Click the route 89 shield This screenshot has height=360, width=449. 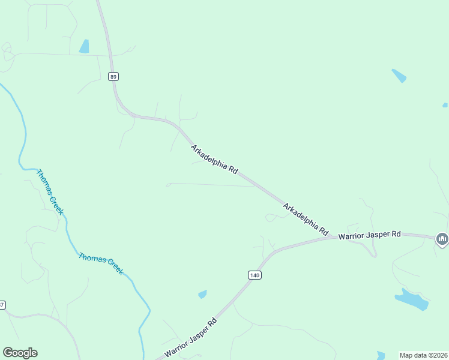tap(114, 76)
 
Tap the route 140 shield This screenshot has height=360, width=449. tap(255, 275)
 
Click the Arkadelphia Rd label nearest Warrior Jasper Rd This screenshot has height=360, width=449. tap(306, 220)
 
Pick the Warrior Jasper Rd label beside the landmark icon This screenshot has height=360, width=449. tap(369, 235)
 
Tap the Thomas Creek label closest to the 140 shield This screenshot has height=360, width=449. tap(101, 263)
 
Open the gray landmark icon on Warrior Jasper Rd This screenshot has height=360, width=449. tap(442, 239)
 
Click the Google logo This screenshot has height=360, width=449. tap(20, 353)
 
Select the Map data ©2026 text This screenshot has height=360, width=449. tap(424, 355)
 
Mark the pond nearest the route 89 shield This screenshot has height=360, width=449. tap(84, 46)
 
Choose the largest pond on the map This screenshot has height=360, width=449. tap(411, 298)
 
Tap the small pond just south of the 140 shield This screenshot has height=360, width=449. tap(203, 294)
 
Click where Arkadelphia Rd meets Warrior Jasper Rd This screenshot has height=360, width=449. tap(334, 237)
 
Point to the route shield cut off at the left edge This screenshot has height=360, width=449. tap(2, 305)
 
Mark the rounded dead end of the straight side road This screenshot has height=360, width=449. tap(168, 184)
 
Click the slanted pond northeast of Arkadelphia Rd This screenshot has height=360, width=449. tap(399, 76)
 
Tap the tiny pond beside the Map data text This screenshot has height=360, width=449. tap(381, 355)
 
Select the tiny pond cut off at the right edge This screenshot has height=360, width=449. tap(445, 105)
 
